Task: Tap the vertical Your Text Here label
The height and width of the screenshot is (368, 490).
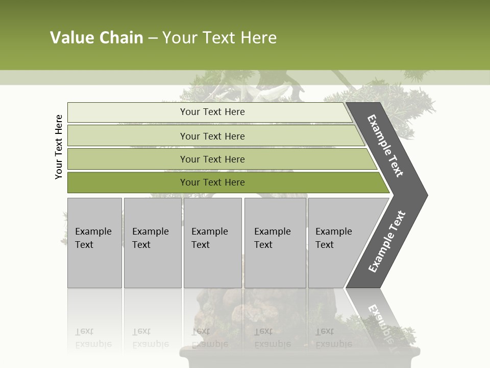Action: click(59, 147)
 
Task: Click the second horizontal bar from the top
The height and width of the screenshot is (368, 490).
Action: click(212, 136)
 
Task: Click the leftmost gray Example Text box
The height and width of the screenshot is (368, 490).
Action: click(94, 243)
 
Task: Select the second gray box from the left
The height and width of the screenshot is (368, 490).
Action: click(153, 243)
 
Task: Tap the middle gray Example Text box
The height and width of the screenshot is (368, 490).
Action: click(212, 243)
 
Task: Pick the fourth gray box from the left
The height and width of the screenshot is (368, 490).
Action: click(275, 243)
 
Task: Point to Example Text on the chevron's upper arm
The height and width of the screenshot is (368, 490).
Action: click(385, 146)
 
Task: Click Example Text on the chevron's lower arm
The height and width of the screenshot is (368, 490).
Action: click(386, 242)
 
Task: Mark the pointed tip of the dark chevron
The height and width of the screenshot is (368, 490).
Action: click(426, 195)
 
